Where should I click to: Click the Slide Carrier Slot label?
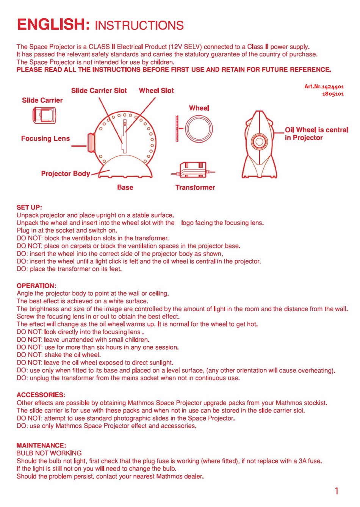[x=99, y=91]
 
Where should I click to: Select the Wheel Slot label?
[x=156, y=91]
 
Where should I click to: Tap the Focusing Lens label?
[x=45, y=138]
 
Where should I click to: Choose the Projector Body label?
[x=66, y=174]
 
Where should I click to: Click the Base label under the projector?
[x=125, y=187]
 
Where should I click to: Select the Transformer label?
[x=195, y=187]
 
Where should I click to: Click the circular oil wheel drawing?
[x=199, y=129]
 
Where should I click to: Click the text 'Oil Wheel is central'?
[x=316, y=130]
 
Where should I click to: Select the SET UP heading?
[x=29, y=207]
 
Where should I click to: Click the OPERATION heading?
[x=36, y=286]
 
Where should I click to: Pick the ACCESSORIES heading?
[x=41, y=395]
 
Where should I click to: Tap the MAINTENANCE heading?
[x=41, y=445]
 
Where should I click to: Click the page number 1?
[x=337, y=491]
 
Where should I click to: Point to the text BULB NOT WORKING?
[x=49, y=453]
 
